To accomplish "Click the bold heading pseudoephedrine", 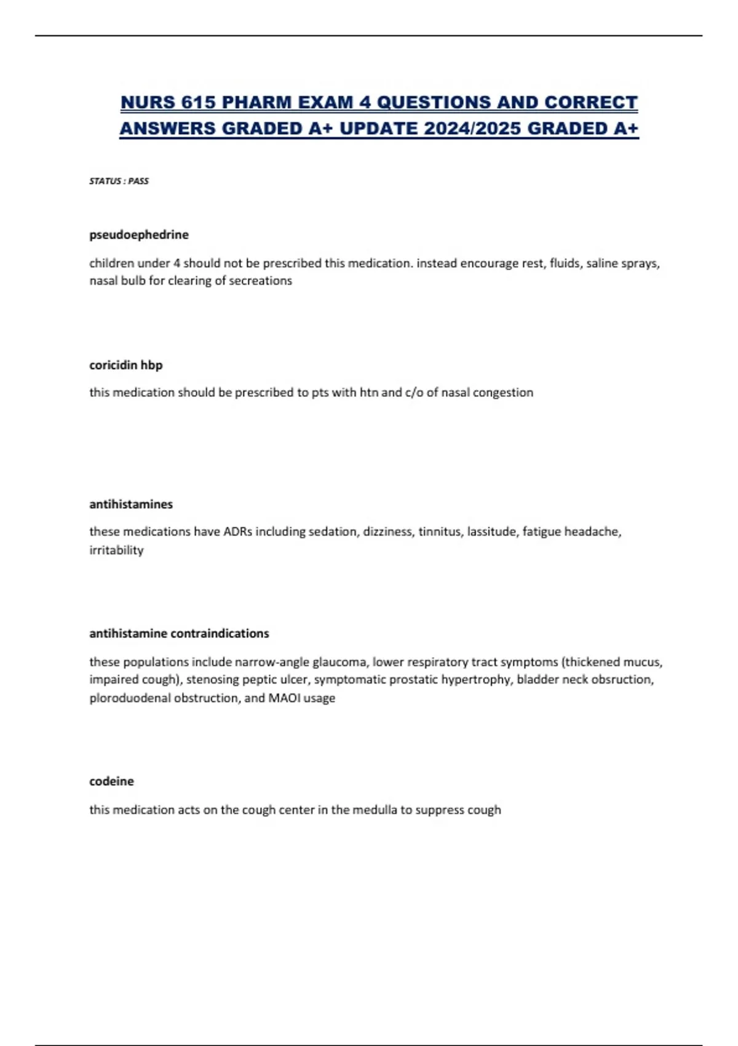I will coord(139,234).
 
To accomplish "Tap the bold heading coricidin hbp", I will coord(126,365).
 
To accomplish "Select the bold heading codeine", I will coord(111,781).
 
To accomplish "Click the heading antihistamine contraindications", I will coord(179,633).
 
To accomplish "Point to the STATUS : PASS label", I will coord(119,181).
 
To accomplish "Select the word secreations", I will coord(260,281).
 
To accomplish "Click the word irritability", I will coord(116,550).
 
